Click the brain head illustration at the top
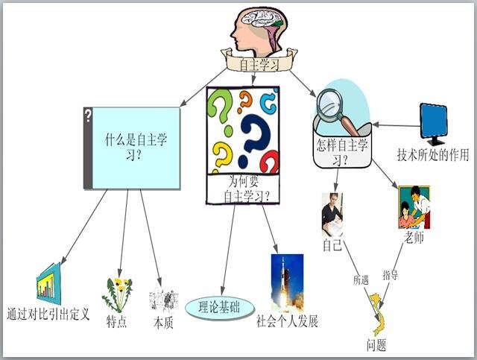click(x=259, y=30)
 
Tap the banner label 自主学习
click(x=259, y=65)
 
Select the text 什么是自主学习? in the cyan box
click(x=136, y=148)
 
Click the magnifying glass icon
click(x=337, y=110)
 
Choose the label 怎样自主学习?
click(x=342, y=152)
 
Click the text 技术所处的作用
click(x=433, y=155)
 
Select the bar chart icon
click(x=48, y=284)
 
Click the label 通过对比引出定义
click(x=48, y=314)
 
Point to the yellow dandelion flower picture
click(x=117, y=295)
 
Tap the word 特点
click(x=116, y=322)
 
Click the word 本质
click(x=163, y=323)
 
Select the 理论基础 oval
click(x=220, y=308)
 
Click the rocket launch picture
click(x=287, y=283)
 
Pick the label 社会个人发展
click(x=287, y=321)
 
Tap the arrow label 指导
click(x=391, y=275)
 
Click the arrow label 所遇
click(x=361, y=280)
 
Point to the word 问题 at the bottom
click(x=376, y=345)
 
